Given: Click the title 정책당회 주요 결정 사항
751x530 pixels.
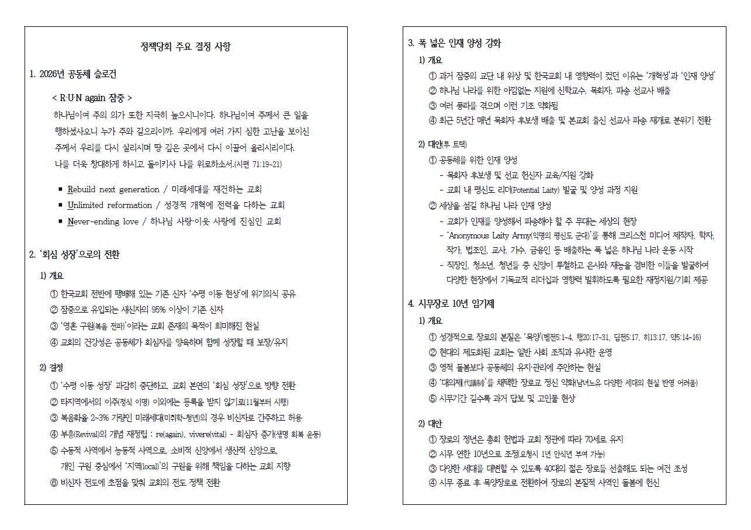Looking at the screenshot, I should (x=186, y=47).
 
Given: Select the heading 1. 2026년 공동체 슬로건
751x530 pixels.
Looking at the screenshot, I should (x=73, y=74).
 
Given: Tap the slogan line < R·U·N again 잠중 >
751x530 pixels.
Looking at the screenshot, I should (x=92, y=98).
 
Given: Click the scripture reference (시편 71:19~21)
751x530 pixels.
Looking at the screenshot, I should (x=258, y=164).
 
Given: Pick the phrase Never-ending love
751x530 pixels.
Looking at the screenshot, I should (x=103, y=221).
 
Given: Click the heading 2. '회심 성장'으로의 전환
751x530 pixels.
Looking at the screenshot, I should (x=75, y=254).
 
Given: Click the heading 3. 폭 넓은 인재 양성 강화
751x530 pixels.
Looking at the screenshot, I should (x=454, y=43).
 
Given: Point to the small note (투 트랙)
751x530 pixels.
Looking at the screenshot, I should (x=455, y=144).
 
